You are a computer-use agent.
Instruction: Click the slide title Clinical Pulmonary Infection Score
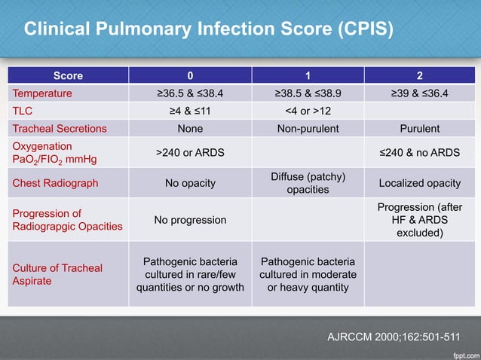tap(208, 29)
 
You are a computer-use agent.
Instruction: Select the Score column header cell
tap(68, 76)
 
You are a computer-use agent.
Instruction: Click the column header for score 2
tap(420, 76)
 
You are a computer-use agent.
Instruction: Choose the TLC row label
tap(23, 111)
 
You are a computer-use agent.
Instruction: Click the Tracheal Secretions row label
tap(59, 129)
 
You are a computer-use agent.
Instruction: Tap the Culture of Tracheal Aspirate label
tap(57, 274)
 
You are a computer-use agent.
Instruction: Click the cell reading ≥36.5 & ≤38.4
tap(189, 94)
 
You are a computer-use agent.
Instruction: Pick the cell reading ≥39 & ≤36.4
tap(420, 94)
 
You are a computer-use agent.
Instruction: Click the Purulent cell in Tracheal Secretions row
tap(420, 129)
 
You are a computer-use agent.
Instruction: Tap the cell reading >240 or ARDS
tap(189, 153)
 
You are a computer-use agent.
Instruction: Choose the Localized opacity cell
tap(420, 183)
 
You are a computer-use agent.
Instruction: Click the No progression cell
tap(189, 220)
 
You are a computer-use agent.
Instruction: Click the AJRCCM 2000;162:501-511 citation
tap(391, 336)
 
